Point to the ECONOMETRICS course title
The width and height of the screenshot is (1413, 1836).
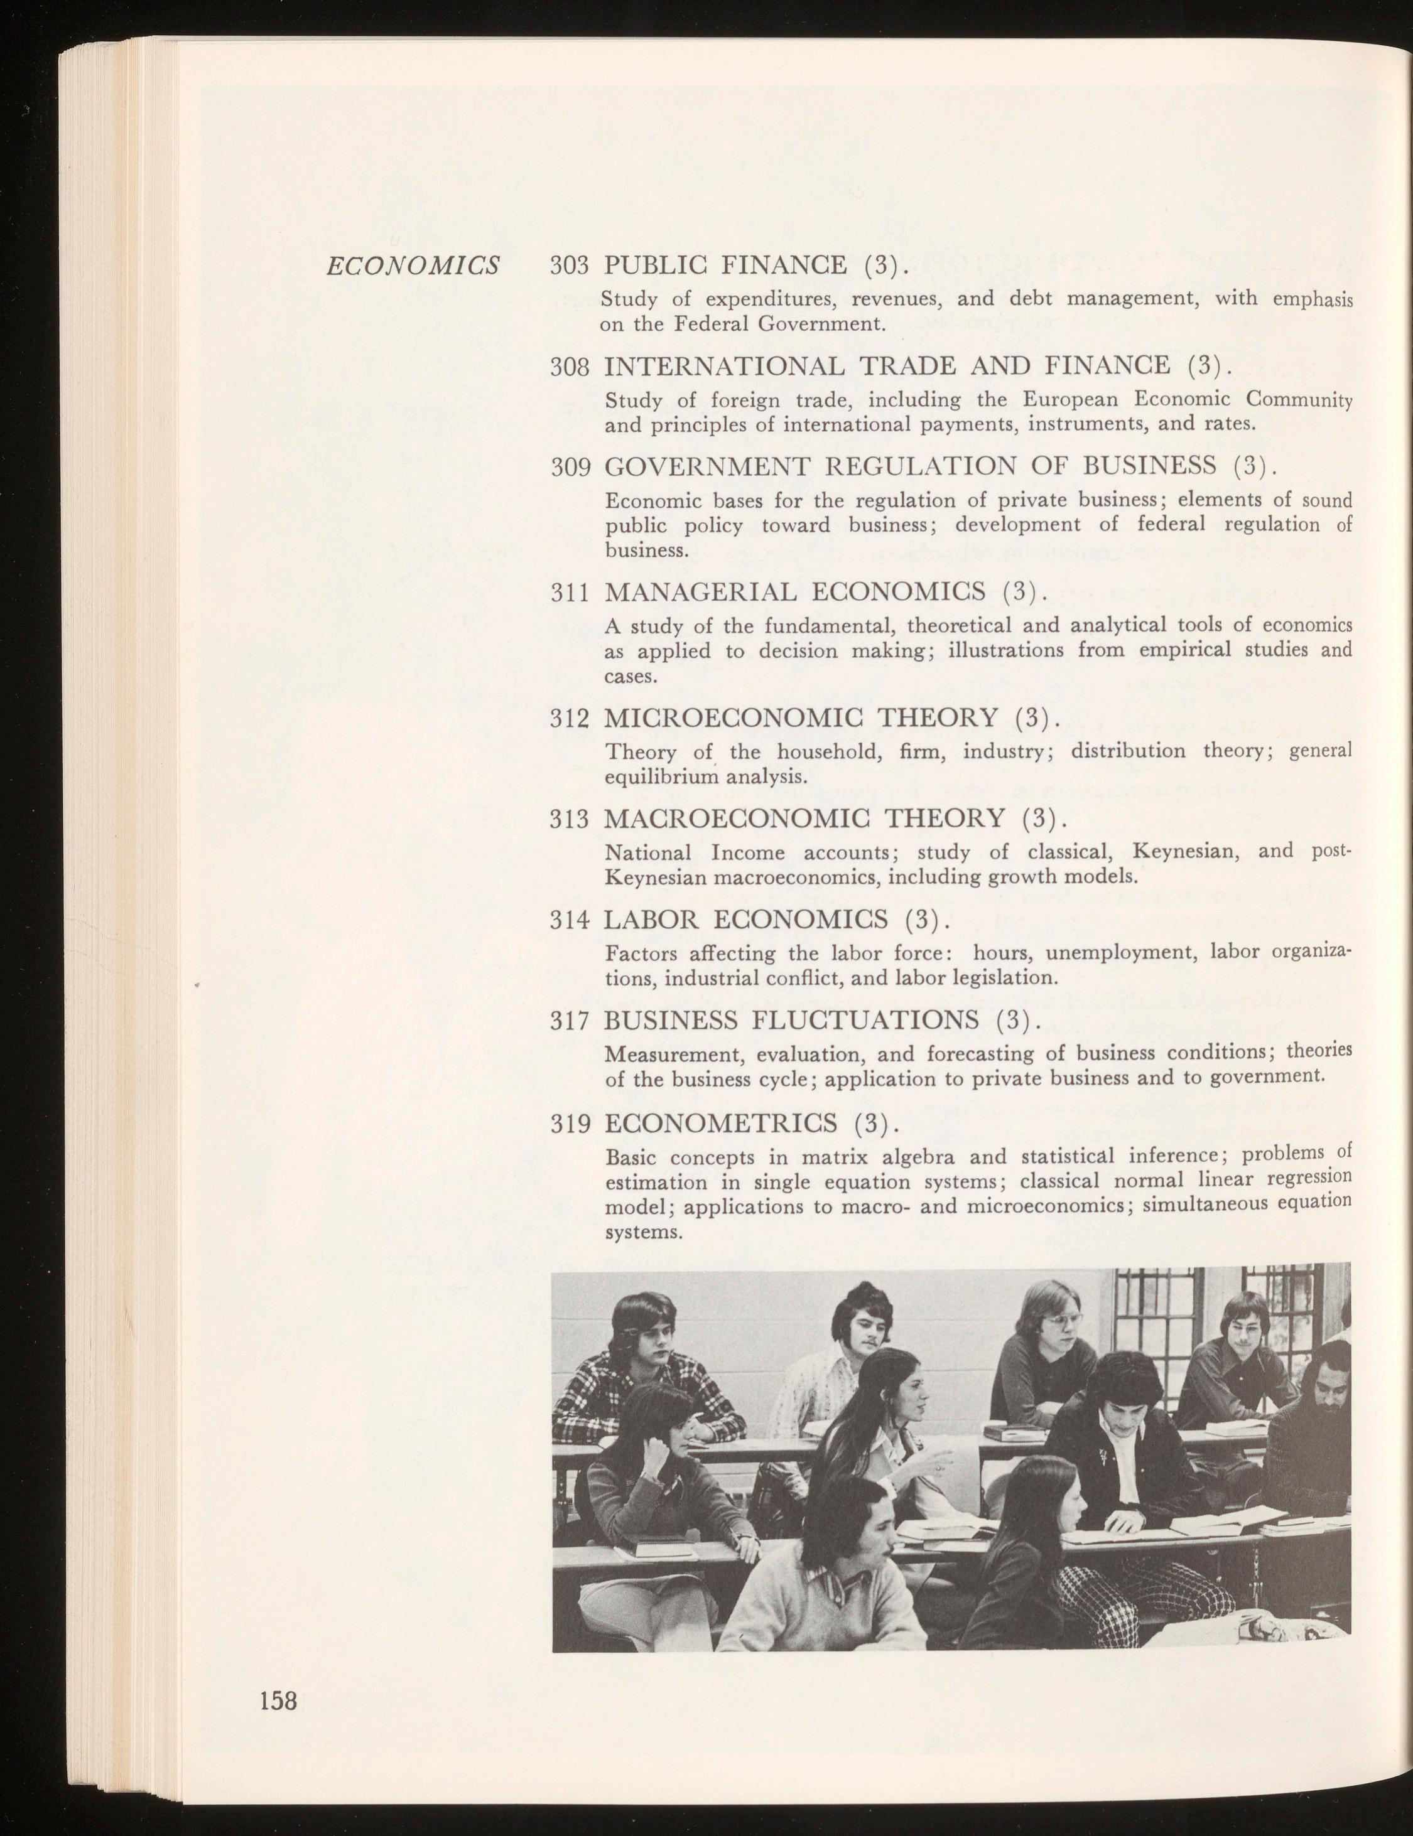(723, 1123)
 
